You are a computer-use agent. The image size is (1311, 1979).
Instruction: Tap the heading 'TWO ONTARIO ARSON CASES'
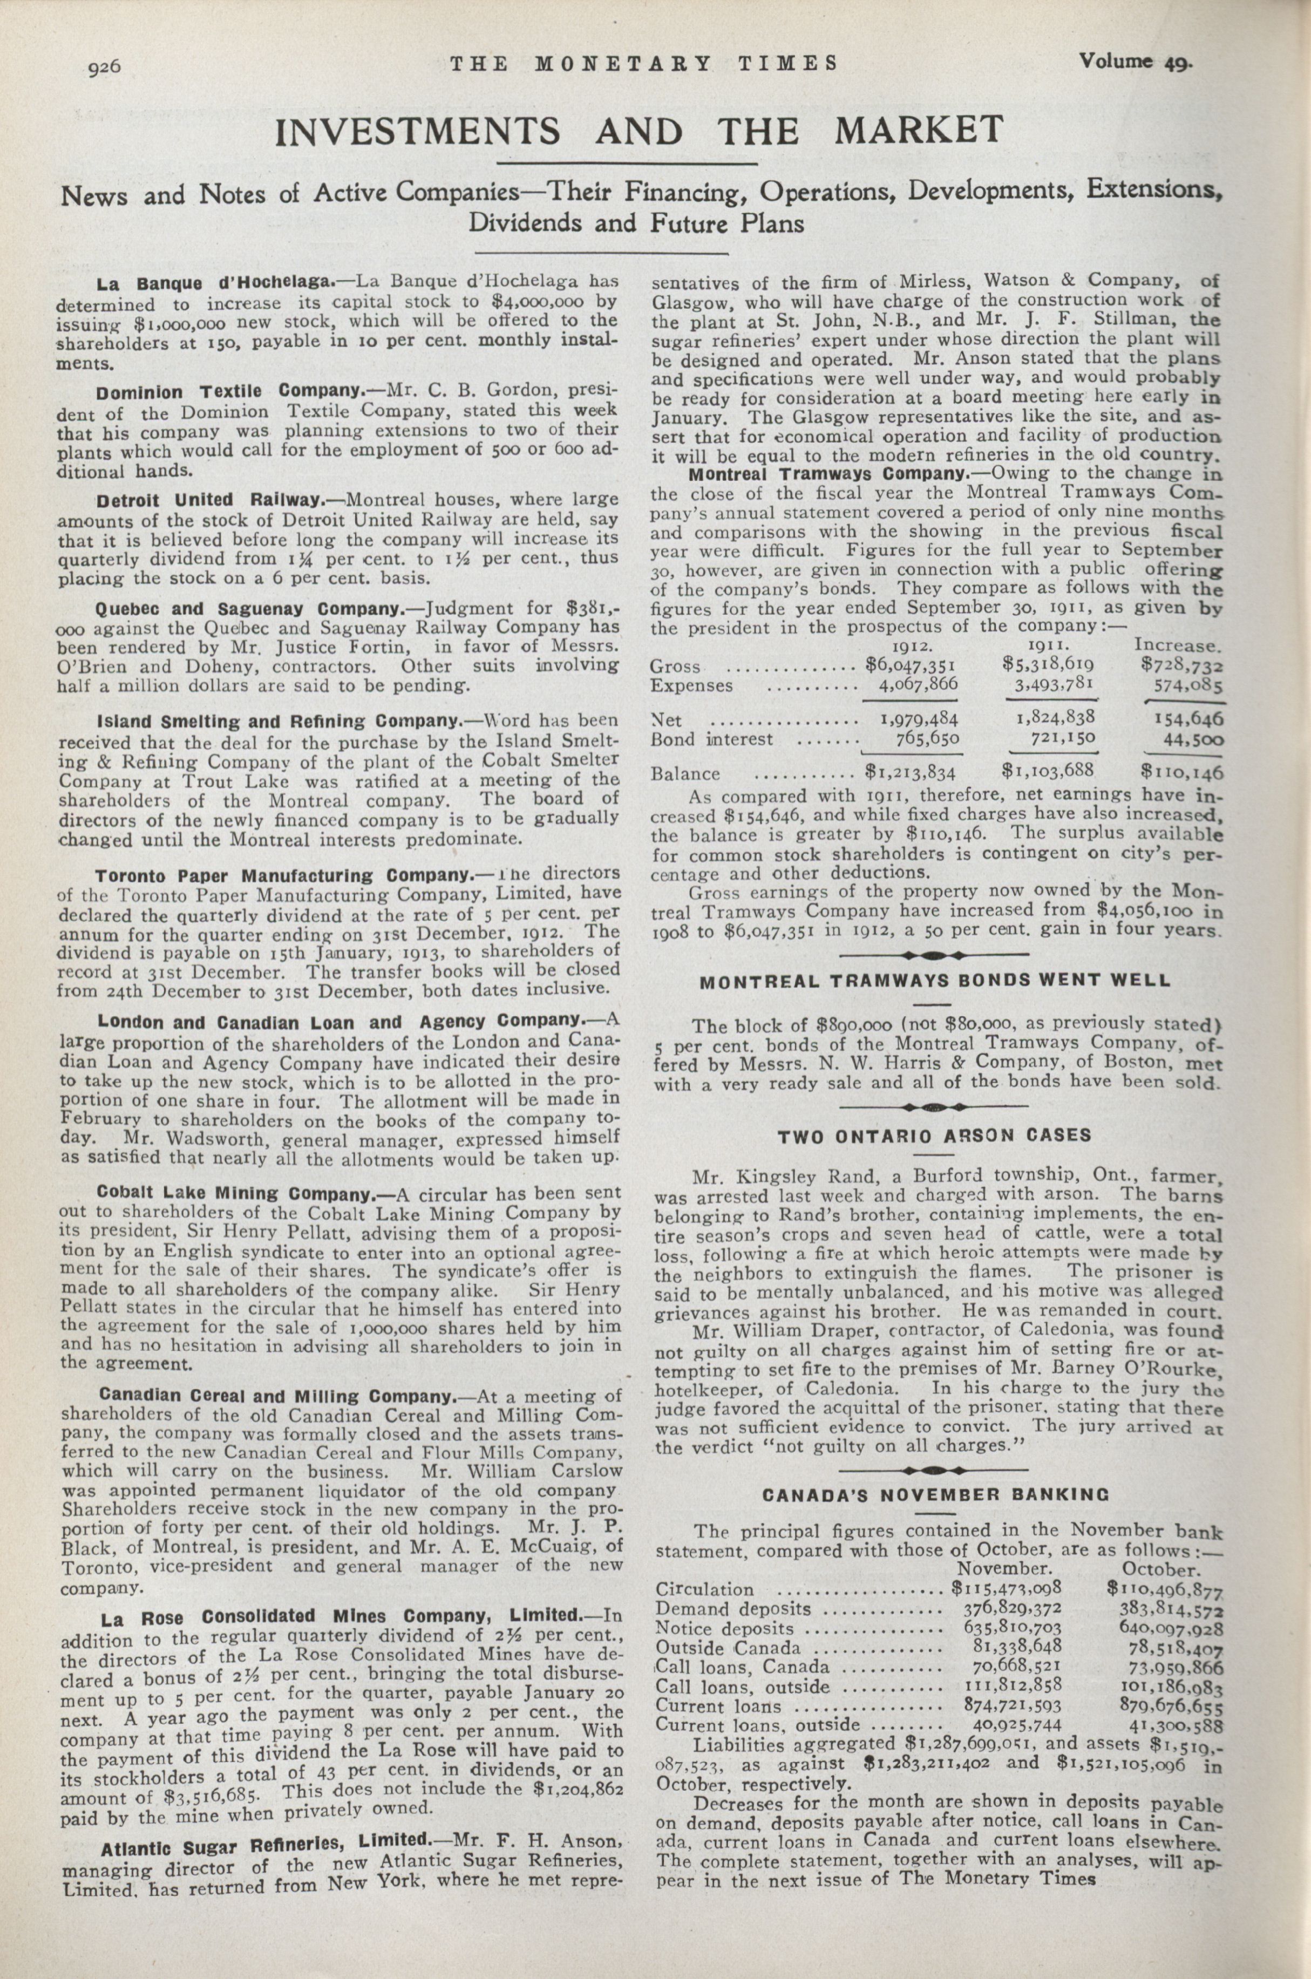click(934, 1136)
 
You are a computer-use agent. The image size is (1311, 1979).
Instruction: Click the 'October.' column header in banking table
click(1161, 1568)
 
